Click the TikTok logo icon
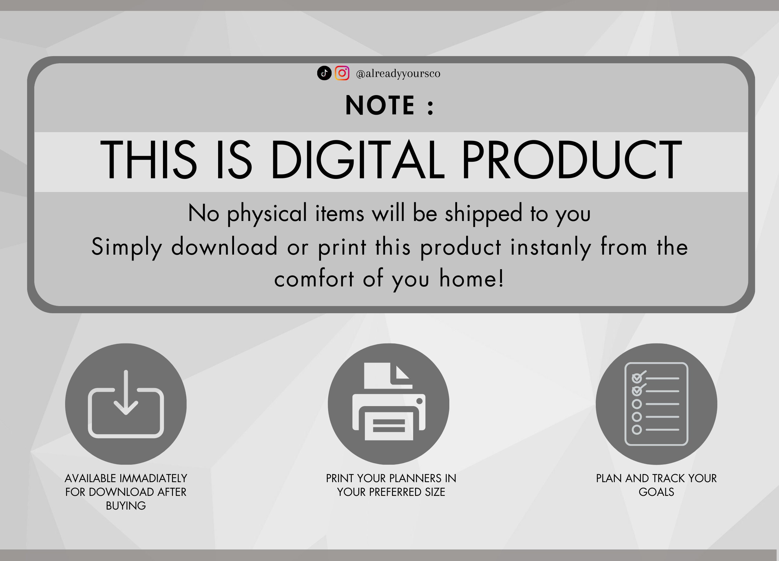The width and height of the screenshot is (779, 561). (324, 73)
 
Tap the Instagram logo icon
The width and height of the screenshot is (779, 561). (342, 73)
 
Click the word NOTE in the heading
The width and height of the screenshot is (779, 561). (380, 105)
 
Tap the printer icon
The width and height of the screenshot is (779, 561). (389, 401)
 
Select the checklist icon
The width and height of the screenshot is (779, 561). (656, 404)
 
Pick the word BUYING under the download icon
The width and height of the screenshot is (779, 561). (126, 506)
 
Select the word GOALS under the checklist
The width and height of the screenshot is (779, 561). (656, 492)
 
